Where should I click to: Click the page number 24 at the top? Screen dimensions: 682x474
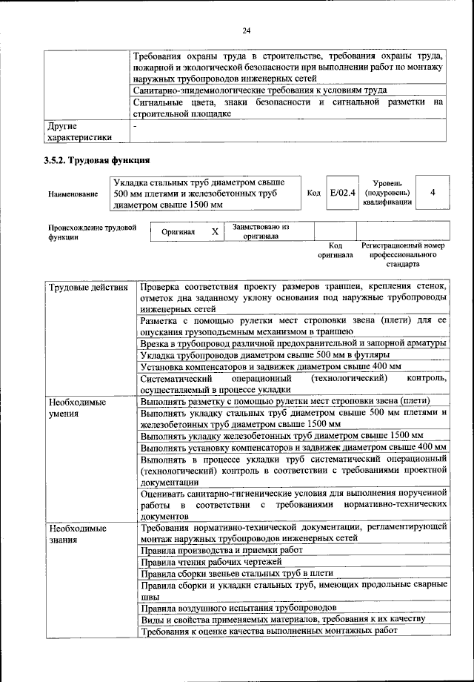247,30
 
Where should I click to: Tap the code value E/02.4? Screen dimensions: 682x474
343,193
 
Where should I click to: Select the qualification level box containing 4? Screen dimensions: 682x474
432,193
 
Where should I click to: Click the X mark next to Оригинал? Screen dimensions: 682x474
215,231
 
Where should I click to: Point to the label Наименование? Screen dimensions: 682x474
73,193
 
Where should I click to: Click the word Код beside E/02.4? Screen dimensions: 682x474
313,193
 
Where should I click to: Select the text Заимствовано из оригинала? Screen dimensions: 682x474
261,231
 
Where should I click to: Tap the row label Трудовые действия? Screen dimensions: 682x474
84,287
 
